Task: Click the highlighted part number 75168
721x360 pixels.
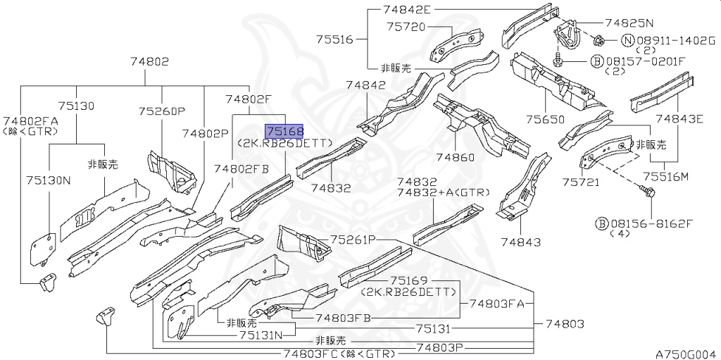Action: coord(284,131)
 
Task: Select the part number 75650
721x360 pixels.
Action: coord(545,120)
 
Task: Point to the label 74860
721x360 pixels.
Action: coord(456,157)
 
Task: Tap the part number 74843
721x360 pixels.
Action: coord(521,242)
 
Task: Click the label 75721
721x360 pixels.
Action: coord(580,182)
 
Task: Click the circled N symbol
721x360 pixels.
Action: coord(627,41)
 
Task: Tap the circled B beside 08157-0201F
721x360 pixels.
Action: coord(596,61)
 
